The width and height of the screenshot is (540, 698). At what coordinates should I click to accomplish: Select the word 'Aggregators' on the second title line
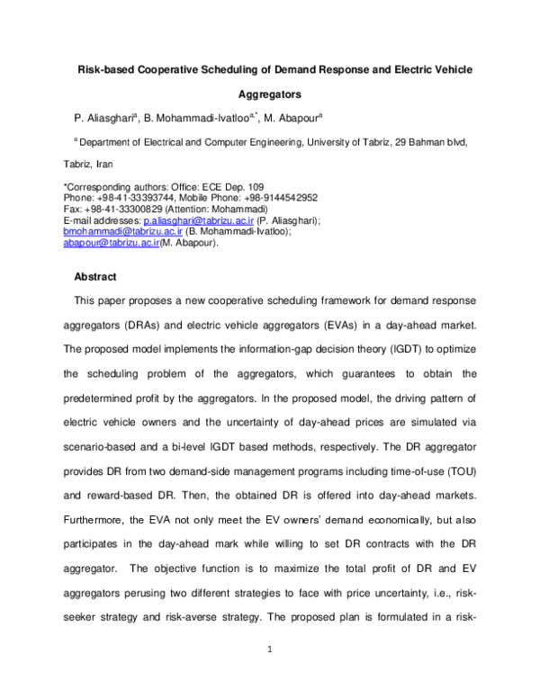[x=269, y=93]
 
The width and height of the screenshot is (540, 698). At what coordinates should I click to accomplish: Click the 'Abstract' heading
[x=94, y=276]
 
